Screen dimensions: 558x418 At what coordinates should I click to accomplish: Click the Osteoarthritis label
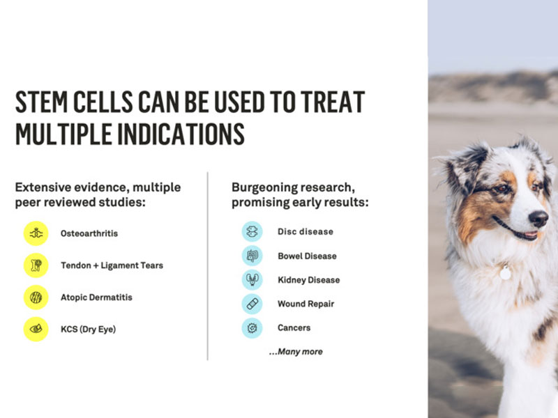pyautogui.click(x=89, y=233)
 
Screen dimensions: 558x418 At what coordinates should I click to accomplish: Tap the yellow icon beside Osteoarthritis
pyautogui.click(x=36, y=233)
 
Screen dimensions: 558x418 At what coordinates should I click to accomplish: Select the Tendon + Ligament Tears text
pyautogui.click(x=112, y=265)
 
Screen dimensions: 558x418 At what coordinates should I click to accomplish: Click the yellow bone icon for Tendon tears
pyautogui.click(x=36, y=265)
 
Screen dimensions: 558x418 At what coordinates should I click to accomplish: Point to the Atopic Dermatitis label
pyautogui.click(x=96, y=297)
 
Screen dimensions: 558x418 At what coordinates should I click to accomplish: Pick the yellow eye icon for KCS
pyautogui.click(x=36, y=329)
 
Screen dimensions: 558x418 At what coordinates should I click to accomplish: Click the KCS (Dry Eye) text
pyautogui.click(x=89, y=329)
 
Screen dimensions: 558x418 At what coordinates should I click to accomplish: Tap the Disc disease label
pyautogui.click(x=306, y=232)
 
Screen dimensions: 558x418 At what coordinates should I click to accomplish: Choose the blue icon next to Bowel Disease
pyautogui.click(x=252, y=256)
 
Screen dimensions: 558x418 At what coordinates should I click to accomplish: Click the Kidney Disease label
pyautogui.click(x=308, y=280)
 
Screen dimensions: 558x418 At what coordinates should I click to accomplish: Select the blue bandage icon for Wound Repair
pyautogui.click(x=252, y=304)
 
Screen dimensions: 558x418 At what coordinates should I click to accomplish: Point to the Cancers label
pyautogui.click(x=294, y=327)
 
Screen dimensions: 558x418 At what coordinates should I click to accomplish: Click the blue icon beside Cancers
pyautogui.click(x=252, y=327)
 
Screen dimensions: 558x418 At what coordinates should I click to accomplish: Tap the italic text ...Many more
pyautogui.click(x=296, y=352)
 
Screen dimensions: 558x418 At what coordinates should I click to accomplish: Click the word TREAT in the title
pyautogui.click(x=333, y=102)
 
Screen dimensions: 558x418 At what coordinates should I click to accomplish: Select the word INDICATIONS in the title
pyautogui.click(x=181, y=134)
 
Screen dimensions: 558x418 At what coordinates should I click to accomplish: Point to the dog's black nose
pyautogui.click(x=538, y=218)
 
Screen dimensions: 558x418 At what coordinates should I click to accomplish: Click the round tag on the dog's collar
pyautogui.click(x=505, y=273)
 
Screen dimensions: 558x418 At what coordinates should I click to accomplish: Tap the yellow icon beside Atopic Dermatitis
pyautogui.click(x=36, y=297)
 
